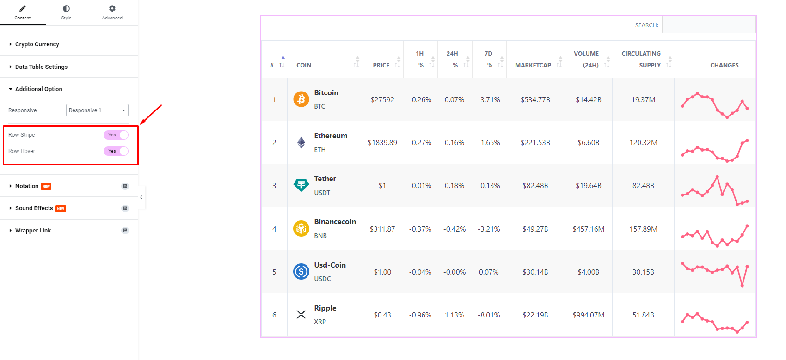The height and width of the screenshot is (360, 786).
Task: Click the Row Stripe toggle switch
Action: click(116, 135)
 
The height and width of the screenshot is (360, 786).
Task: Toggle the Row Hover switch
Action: click(116, 151)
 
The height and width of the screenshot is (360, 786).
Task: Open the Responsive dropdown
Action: click(97, 110)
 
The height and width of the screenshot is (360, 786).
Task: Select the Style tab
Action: click(66, 12)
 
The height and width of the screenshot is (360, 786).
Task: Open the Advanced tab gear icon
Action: click(112, 9)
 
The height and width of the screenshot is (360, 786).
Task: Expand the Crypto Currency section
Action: click(37, 44)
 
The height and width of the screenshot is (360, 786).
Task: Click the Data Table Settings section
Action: click(41, 67)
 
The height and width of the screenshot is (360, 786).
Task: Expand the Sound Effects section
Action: click(34, 208)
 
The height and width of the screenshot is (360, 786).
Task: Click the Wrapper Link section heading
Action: click(33, 231)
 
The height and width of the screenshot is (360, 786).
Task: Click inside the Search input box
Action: click(708, 25)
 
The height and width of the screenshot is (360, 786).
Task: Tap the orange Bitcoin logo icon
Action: click(301, 99)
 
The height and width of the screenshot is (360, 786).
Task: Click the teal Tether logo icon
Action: click(301, 185)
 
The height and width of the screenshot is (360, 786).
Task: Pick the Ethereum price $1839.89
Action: click(382, 143)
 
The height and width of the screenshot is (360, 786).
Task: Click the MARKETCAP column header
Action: click(533, 65)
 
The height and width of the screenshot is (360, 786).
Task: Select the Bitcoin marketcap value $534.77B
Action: click(535, 100)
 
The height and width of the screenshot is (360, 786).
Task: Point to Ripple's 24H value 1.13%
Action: click(454, 315)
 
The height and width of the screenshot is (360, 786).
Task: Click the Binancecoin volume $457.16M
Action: click(589, 229)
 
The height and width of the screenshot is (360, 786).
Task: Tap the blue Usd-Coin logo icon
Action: click(301, 272)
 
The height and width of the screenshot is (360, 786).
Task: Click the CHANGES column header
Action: click(724, 65)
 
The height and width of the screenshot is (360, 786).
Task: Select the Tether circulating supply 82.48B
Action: click(643, 186)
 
